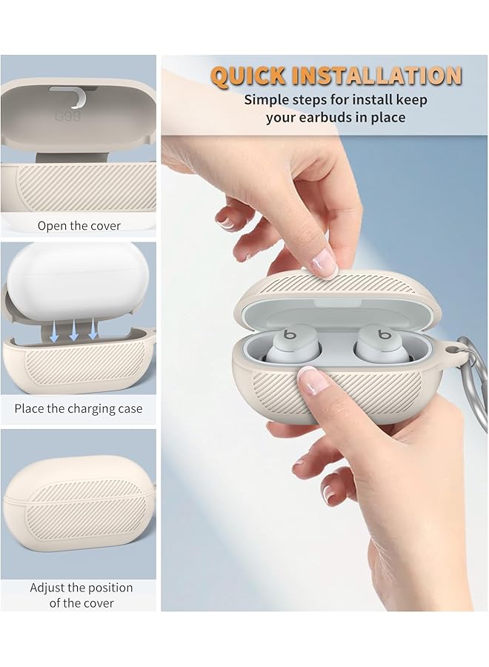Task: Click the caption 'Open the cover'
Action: (x=79, y=225)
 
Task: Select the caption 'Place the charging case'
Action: (x=79, y=408)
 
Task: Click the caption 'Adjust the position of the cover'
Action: (x=81, y=595)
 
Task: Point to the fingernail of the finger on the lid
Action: (x=322, y=261)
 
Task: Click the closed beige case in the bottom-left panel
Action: (x=77, y=504)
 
